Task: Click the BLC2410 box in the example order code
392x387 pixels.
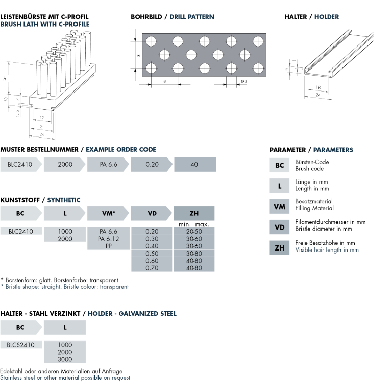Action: (x=20, y=165)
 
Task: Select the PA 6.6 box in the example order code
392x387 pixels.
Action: (x=108, y=165)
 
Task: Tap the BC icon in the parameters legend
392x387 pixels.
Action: (x=279, y=165)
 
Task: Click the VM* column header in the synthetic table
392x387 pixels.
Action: (x=108, y=213)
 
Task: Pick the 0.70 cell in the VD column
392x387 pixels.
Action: (x=152, y=267)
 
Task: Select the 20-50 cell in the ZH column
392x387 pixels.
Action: (x=194, y=232)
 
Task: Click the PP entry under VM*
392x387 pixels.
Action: (x=108, y=246)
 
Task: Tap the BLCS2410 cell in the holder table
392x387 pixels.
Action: (x=21, y=345)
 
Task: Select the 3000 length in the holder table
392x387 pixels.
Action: (x=65, y=359)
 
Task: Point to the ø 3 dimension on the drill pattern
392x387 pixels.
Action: (x=243, y=82)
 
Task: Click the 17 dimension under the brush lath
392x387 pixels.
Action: (x=41, y=118)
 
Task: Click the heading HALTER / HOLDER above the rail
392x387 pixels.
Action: (x=311, y=17)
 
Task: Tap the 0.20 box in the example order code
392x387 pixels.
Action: (x=152, y=165)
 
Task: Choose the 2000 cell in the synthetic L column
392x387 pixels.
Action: (x=65, y=239)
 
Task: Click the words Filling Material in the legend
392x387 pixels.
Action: (x=314, y=208)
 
